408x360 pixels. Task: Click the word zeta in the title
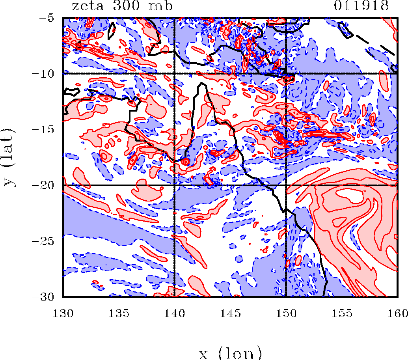(88, 6)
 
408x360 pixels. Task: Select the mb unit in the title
(160, 6)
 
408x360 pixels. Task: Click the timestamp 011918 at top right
(361, 6)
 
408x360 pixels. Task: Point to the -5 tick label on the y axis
(47, 18)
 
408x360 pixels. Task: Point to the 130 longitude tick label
(63, 313)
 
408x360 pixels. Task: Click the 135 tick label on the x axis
(119, 313)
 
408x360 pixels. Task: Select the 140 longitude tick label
(175, 313)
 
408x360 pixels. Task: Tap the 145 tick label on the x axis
(230, 313)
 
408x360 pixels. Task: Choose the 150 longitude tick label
(286, 313)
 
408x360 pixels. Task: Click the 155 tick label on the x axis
(342, 313)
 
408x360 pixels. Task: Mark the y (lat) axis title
(9, 157)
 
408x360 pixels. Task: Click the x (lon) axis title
(230, 353)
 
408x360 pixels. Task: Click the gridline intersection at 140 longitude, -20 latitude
(174, 185)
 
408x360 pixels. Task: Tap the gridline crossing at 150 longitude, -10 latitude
(286, 74)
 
